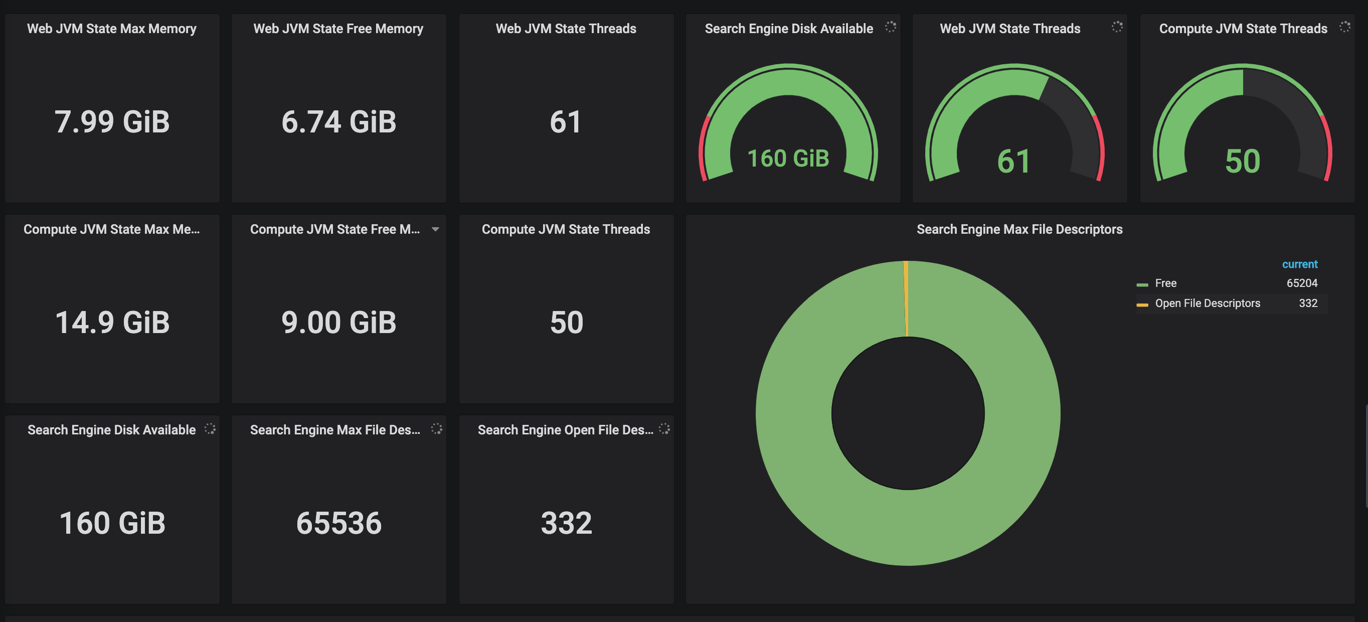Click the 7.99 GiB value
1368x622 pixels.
click(112, 121)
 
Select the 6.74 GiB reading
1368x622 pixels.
click(339, 121)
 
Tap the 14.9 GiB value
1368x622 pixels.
click(112, 323)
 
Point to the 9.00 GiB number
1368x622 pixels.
click(339, 323)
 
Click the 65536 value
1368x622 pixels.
click(339, 523)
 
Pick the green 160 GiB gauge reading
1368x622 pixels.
click(788, 159)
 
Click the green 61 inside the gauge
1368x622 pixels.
click(1014, 162)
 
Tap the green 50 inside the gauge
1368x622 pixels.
click(1242, 162)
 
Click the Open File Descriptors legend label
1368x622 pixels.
click(1207, 303)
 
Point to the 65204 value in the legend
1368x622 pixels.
click(1302, 283)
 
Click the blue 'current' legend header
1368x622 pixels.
click(1299, 264)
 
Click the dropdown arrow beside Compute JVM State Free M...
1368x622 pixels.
click(435, 229)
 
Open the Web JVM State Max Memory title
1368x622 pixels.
click(111, 29)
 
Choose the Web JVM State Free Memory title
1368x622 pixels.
click(338, 29)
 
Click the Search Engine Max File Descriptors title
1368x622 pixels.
click(1019, 229)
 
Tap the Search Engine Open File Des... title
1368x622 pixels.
click(566, 430)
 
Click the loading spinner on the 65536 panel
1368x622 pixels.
click(437, 429)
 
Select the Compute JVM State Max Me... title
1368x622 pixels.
click(111, 229)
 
